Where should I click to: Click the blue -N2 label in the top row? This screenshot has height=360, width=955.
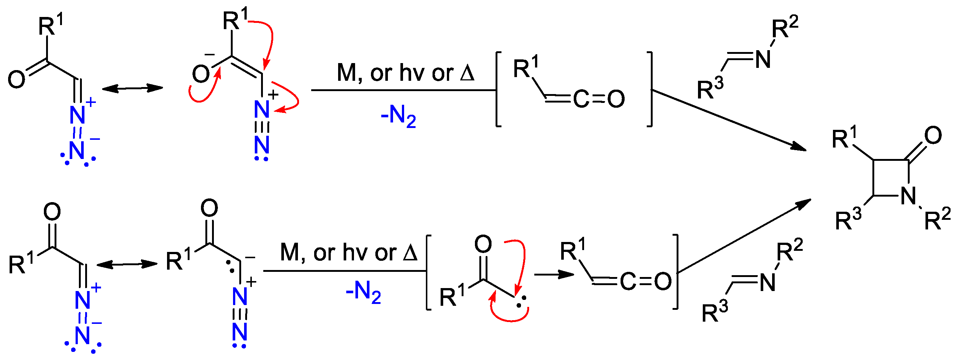click(x=398, y=117)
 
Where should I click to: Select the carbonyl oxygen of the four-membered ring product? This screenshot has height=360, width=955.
click(x=933, y=135)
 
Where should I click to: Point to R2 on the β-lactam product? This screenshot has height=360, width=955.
click(x=937, y=219)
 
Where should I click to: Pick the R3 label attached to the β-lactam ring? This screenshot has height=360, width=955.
click(x=848, y=221)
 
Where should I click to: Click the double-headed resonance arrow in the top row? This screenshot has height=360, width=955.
click(x=132, y=88)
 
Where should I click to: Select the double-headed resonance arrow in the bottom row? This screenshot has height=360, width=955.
click(x=127, y=264)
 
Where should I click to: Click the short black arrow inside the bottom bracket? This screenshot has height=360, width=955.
click(x=554, y=274)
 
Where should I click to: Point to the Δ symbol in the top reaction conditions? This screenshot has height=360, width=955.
click(x=467, y=73)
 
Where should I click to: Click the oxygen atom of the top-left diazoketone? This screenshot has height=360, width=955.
click(x=17, y=80)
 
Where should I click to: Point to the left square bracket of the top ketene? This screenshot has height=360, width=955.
click(x=498, y=89)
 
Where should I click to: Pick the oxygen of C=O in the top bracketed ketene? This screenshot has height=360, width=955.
click(x=616, y=99)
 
